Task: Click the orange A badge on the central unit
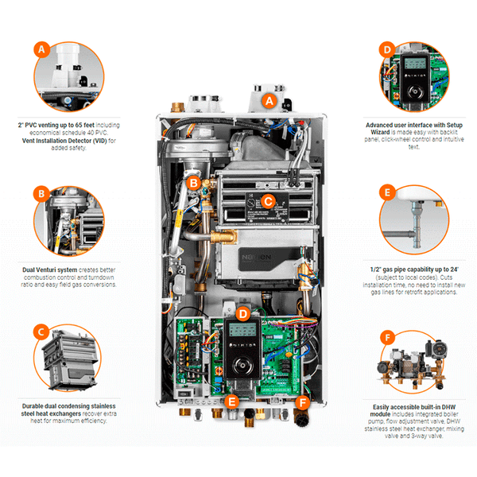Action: point(268,101)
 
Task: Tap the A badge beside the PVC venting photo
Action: point(41,49)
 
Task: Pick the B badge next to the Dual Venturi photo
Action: point(41,193)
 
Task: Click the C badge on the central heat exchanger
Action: point(268,201)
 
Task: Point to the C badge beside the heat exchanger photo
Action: point(41,331)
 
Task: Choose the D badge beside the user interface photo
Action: point(388,49)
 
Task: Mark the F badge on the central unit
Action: point(302,401)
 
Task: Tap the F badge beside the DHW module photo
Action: point(388,337)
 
